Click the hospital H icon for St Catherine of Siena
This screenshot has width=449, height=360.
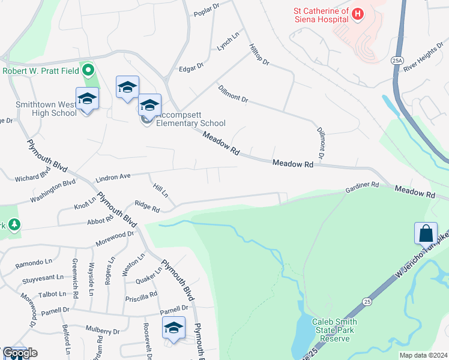[358, 14]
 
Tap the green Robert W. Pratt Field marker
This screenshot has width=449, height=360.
[89, 70]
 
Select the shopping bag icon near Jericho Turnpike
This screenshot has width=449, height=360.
[426, 233]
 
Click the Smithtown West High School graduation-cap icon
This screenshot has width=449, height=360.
[87, 99]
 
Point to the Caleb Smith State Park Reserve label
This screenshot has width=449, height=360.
[333, 330]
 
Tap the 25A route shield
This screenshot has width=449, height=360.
[396, 60]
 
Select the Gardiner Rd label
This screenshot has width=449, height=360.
[362, 188]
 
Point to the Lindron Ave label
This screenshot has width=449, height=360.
[113, 178]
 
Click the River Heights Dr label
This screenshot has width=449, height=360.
[424, 61]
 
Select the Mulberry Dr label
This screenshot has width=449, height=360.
[103, 331]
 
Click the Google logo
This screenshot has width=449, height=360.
[20, 353]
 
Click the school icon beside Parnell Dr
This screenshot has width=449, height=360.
[173, 328]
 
